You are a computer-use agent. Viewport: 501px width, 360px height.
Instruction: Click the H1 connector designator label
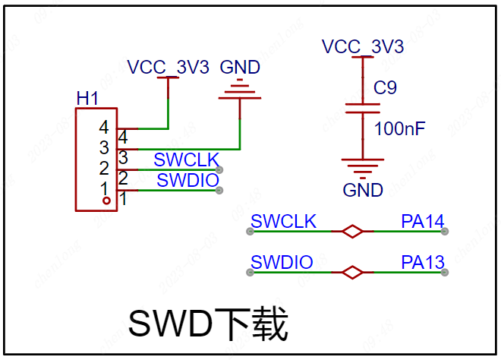pyautogui.click(x=87, y=98)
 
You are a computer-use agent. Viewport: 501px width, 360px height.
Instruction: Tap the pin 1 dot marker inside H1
pyautogui.click(x=107, y=201)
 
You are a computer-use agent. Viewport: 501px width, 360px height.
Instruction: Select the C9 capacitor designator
pyautogui.click(x=385, y=87)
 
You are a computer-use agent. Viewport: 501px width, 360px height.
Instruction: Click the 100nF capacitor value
pyautogui.click(x=399, y=128)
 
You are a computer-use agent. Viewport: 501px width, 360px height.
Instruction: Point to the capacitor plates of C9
pyautogui.click(x=363, y=109)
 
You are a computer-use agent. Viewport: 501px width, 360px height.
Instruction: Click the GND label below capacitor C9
pyautogui.click(x=363, y=190)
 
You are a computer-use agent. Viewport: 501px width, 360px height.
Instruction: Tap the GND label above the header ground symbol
pyautogui.click(x=240, y=67)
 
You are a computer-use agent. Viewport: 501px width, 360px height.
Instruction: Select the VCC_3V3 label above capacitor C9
pyautogui.click(x=363, y=46)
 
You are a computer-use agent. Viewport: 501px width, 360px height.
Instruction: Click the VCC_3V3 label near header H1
pyautogui.click(x=168, y=67)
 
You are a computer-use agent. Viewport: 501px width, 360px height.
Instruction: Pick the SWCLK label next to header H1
pyautogui.click(x=186, y=159)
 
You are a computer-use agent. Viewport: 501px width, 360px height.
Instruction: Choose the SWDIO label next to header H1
pyautogui.click(x=187, y=180)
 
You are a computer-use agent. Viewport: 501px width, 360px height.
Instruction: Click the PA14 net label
pyautogui.click(x=422, y=221)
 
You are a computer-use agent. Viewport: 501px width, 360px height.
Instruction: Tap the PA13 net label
pyautogui.click(x=422, y=262)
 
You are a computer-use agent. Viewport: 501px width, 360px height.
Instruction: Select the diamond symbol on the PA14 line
pyautogui.click(x=352, y=231)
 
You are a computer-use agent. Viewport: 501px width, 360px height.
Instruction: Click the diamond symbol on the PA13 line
pyautogui.click(x=352, y=273)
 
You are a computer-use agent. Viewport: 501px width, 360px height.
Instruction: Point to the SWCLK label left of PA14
pyautogui.click(x=283, y=221)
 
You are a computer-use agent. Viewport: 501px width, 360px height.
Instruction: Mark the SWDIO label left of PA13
pyautogui.click(x=282, y=262)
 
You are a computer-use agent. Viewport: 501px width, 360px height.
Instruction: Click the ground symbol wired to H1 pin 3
pyautogui.click(x=240, y=90)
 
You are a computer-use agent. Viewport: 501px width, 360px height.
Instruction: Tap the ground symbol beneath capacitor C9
pyautogui.click(x=363, y=169)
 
